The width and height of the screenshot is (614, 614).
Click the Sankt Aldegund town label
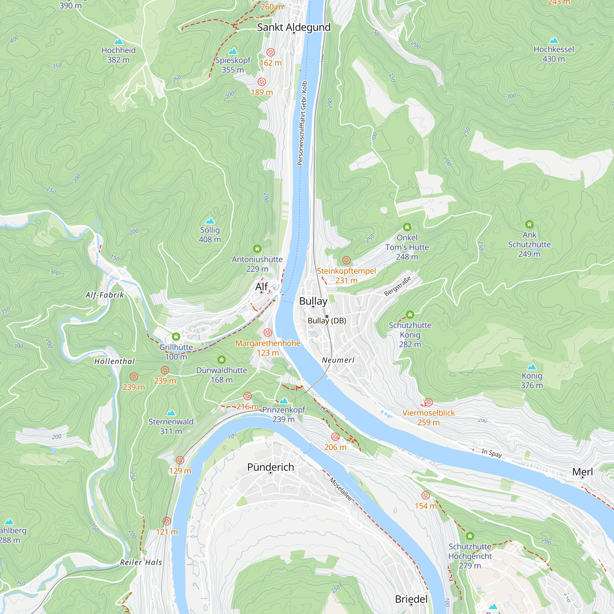coord(294,27)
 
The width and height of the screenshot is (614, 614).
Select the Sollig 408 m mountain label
coord(210,234)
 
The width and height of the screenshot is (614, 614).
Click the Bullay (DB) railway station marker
coord(327,316)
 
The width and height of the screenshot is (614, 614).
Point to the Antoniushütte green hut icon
coord(257,249)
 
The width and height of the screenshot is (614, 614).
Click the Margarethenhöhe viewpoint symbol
coord(268,332)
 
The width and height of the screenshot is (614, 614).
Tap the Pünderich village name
coord(270,467)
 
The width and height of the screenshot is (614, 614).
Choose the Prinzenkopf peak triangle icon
coord(283,400)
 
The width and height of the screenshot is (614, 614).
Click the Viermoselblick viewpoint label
coord(428,413)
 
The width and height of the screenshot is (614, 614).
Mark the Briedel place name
coord(411,599)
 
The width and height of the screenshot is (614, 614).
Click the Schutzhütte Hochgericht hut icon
coord(470,536)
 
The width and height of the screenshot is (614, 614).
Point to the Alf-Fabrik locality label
coord(105,295)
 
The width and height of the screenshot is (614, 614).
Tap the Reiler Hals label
coord(141,562)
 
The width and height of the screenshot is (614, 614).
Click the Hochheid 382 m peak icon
coord(118,41)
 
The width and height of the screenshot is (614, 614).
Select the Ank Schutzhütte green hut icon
coord(529,224)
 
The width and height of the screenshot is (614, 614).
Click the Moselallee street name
coord(341,489)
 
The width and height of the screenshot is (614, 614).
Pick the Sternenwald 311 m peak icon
coord(171,413)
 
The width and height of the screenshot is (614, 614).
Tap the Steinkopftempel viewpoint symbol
coord(346,260)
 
